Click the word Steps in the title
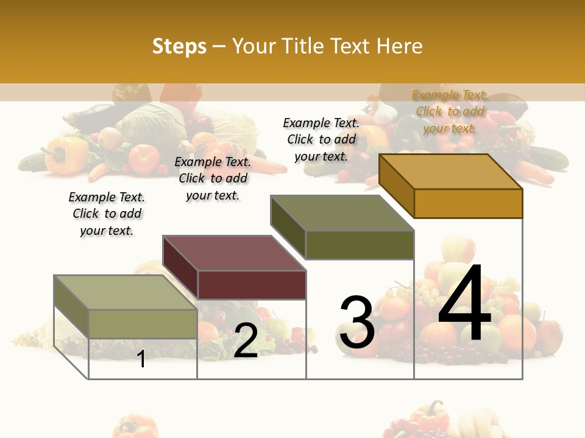coord(179,46)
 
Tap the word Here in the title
coord(399,46)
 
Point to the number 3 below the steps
coord(357,322)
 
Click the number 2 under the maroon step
coord(246,341)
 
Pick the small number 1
coord(141,359)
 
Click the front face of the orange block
coord(468,203)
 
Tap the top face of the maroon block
coord(234,252)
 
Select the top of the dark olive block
coord(342,213)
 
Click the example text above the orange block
coord(450,111)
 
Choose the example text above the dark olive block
coord(321,139)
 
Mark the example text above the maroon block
coord(213,178)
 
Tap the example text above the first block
coord(107,214)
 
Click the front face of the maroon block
coord(252,285)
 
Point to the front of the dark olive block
coord(360,245)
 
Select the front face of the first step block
coord(143,324)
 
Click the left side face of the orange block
coord(397,186)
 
